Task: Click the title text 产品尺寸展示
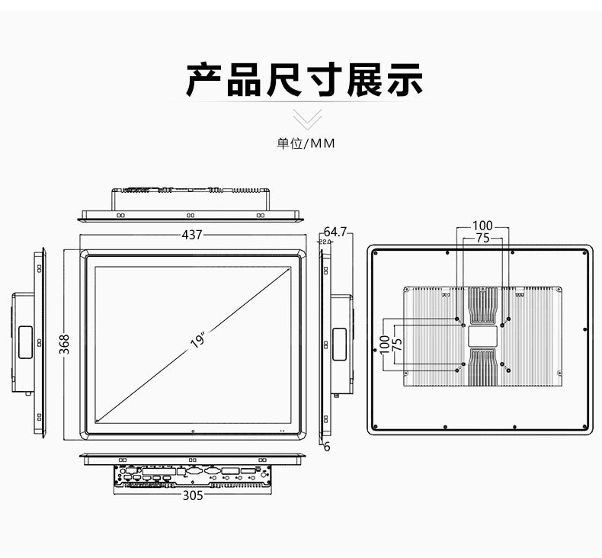[305, 80]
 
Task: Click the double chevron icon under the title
[307, 119]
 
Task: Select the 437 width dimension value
[192, 235]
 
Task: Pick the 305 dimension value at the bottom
[193, 495]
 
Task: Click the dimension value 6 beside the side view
[327, 447]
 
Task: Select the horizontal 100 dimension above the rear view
[482, 226]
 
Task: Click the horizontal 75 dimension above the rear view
[482, 238]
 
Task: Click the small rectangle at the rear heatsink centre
[482, 335]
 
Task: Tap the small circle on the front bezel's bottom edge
[193, 431]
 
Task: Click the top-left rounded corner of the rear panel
[373, 249]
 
